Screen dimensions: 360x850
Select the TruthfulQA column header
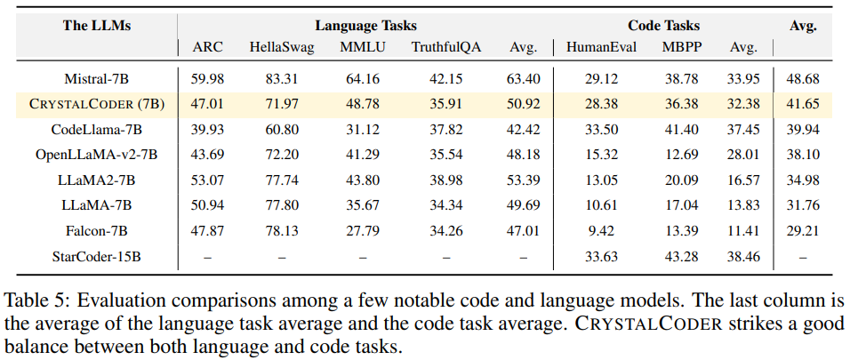click(446, 47)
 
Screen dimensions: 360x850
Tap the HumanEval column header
click(601, 47)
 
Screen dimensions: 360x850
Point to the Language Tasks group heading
click(365, 26)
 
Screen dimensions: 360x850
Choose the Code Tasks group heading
click(664, 26)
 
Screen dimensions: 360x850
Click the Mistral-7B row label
click(97, 78)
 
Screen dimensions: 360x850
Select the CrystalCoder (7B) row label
click(97, 104)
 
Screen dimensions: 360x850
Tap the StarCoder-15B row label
click(97, 257)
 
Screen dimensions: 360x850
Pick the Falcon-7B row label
click(97, 231)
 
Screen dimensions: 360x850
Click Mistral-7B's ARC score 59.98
click(208, 78)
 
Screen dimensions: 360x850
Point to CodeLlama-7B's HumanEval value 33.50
click(601, 130)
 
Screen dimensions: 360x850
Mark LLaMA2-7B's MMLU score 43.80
click(363, 180)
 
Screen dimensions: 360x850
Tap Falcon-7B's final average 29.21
click(803, 231)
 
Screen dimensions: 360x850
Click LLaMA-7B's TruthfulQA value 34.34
click(446, 206)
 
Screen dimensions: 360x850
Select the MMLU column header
click(363, 47)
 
